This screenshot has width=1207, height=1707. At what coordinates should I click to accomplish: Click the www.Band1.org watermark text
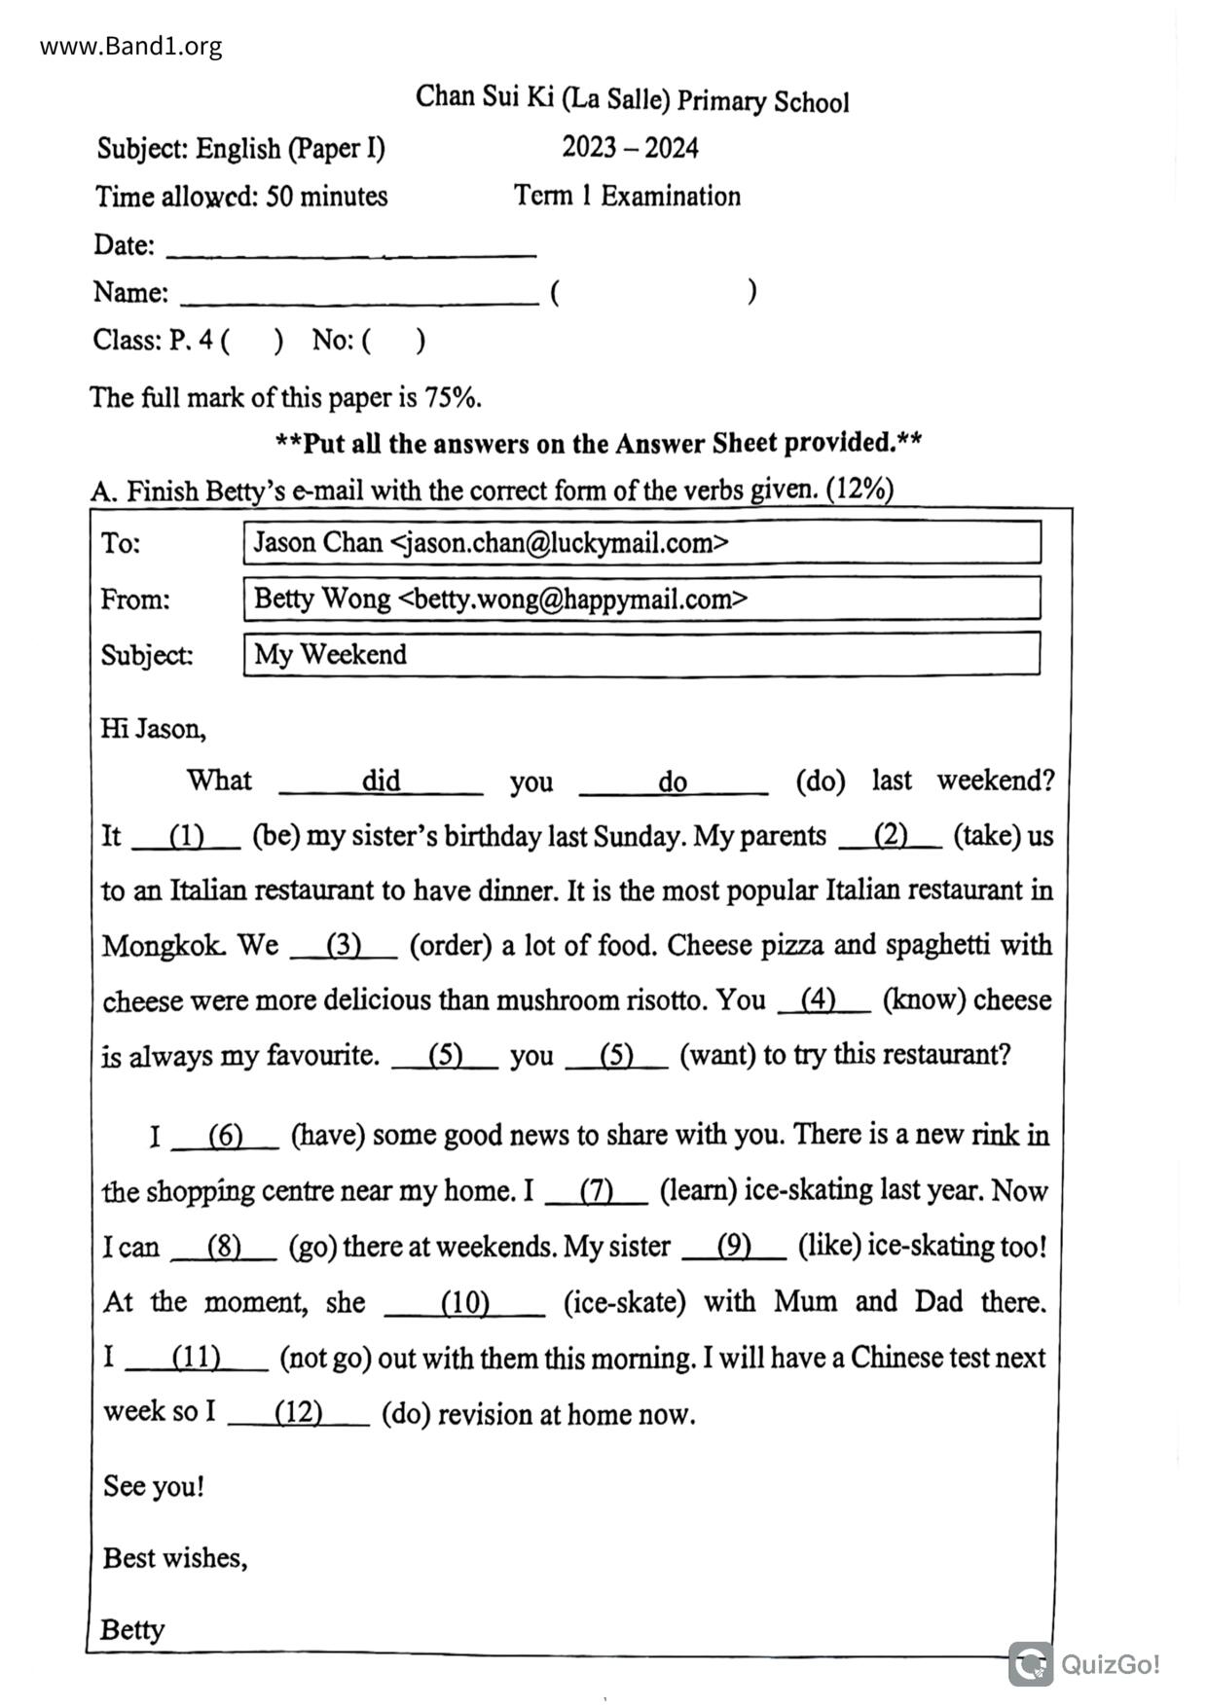[130, 46]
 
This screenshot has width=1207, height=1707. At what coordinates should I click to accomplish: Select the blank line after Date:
[351, 251]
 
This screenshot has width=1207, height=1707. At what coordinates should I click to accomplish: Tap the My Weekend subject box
[641, 654]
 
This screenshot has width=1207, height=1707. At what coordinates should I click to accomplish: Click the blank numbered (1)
[186, 837]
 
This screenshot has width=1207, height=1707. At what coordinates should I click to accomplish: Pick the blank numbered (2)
[890, 836]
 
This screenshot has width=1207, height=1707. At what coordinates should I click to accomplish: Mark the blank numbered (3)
[344, 946]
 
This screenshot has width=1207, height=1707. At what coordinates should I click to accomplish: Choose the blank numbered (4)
[823, 1000]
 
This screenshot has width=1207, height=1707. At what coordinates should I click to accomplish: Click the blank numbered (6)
[225, 1137]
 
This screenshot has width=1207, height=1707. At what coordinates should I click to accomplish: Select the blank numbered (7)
[596, 1192]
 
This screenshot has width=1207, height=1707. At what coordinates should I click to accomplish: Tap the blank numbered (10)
[464, 1304]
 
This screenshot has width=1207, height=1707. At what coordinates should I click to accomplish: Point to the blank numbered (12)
[298, 1414]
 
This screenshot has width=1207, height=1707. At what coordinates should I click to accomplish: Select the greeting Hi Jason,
[153, 729]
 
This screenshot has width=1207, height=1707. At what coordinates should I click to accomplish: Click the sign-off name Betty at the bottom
[132, 1629]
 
